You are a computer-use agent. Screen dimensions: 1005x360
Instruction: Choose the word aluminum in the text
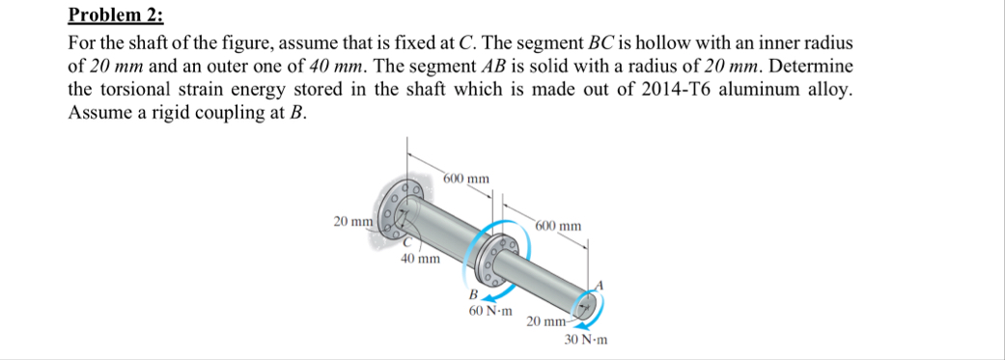(x=756, y=89)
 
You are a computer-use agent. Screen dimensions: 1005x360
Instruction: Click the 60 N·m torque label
(x=491, y=312)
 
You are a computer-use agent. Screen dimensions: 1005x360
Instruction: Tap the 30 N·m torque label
(x=586, y=340)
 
